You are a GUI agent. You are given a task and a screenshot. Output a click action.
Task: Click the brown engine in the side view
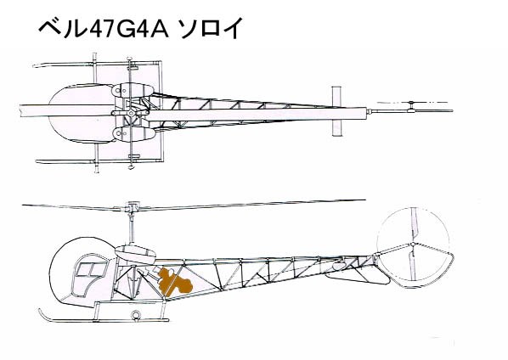(174, 282)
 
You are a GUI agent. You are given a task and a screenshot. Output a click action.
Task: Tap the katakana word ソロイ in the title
(210, 29)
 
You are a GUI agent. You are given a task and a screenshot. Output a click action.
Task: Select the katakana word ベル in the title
(63, 29)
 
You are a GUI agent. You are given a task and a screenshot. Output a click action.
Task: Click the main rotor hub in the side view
(131, 207)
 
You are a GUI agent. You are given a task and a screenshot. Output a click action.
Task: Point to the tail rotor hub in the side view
(412, 244)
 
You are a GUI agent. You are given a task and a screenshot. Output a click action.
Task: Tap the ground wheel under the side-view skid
(135, 314)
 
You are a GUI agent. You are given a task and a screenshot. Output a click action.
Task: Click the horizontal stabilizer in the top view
(336, 111)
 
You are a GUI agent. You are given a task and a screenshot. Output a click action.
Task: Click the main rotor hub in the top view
(131, 113)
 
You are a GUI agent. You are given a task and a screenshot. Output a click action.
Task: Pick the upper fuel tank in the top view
(133, 90)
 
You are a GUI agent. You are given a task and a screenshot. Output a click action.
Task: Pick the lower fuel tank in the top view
(133, 133)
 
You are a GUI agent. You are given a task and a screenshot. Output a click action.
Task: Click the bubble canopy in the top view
(81, 113)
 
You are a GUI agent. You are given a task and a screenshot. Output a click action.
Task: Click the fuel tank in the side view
(135, 254)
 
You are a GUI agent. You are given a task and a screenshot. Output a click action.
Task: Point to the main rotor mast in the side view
(132, 228)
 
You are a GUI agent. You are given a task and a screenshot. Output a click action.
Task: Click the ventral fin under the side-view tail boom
(358, 277)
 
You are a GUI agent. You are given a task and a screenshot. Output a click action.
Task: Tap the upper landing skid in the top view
(97, 64)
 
